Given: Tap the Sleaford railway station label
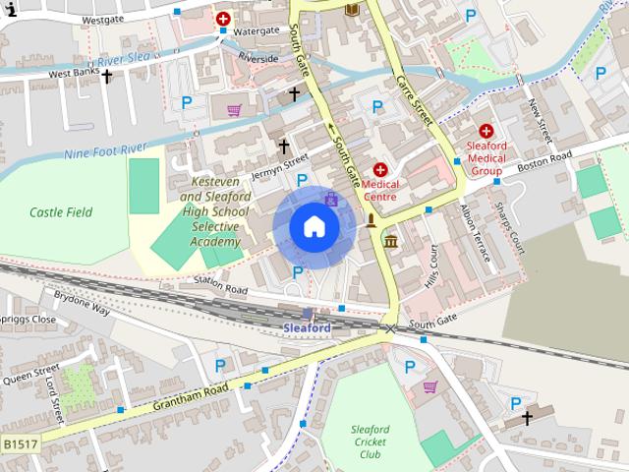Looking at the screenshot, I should point(307,327).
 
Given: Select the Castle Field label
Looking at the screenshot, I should point(61,211).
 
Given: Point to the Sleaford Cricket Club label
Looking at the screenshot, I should point(370,442).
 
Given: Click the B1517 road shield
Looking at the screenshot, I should point(21,444).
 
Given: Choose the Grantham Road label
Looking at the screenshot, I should point(191,396).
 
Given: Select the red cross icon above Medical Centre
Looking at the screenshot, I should point(380,170).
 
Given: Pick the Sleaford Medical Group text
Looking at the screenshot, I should point(486,157).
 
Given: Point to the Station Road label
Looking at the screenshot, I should point(220,284).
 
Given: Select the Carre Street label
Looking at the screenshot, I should point(415,98).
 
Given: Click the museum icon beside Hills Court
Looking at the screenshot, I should point(391,242).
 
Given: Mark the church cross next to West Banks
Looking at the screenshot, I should point(107,76).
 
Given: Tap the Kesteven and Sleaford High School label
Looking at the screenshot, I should point(215,212).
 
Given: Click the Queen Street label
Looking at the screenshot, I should point(31,376).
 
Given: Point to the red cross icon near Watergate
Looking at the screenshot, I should point(224,18).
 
